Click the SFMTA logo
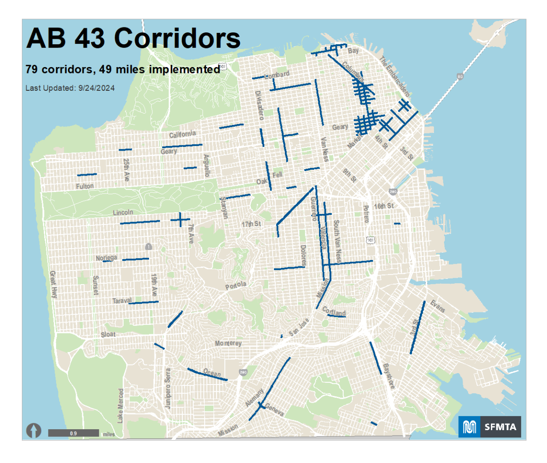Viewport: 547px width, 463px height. pyautogui.click(x=490, y=427)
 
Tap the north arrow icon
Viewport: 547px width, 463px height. pyautogui.click(x=34, y=430)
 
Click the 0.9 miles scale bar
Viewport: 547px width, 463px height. pyautogui.click(x=73, y=433)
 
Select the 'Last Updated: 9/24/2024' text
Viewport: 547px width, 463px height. pyautogui.click(x=70, y=88)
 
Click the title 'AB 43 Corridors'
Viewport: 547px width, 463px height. pyautogui.click(x=133, y=38)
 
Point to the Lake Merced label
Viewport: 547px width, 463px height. pyautogui.click(x=120, y=406)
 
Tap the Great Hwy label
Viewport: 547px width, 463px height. pyautogui.click(x=53, y=285)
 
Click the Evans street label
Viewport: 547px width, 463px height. pyautogui.click(x=438, y=307)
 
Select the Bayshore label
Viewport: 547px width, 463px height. pyautogui.click(x=388, y=376)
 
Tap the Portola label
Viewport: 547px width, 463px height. pyautogui.click(x=236, y=286)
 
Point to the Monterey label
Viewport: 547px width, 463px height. pyautogui.click(x=228, y=343)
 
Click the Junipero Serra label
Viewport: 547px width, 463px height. pyautogui.click(x=168, y=388)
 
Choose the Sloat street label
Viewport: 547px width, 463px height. pyautogui.click(x=108, y=334)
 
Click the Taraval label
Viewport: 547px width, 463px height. pyautogui.click(x=121, y=301)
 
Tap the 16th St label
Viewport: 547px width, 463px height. pyautogui.click(x=383, y=206)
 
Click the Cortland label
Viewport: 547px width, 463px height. pyautogui.click(x=334, y=312)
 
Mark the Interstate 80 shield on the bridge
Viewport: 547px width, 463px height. pyautogui.click(x=460, y=77)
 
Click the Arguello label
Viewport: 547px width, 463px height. pyautogui.click(x=206, y=165)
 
